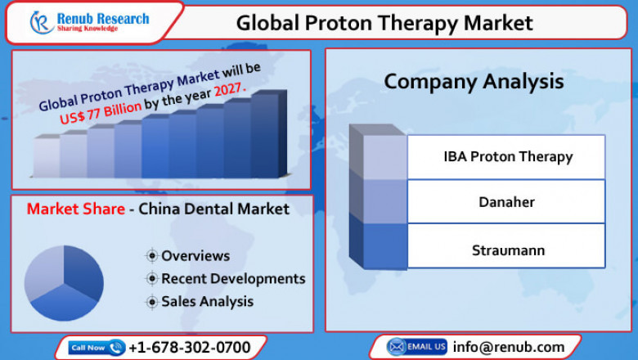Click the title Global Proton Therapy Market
pos(384,23)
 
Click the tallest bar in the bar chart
pos(265,135)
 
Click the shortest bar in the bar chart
pos(47,157)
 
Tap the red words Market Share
pos(75,209)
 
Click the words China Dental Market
pos(213,209)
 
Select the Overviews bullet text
pos(195,256)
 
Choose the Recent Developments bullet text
pos(232,279)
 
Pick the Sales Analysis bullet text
pos(207,302)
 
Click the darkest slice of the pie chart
pos(83,270)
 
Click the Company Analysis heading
pos(474,82)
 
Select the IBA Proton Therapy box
pos(507,156)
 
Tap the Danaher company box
pos(507,200)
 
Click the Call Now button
pos(97,348)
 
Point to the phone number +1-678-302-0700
pos(190,348)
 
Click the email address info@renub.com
pos(509,347)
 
